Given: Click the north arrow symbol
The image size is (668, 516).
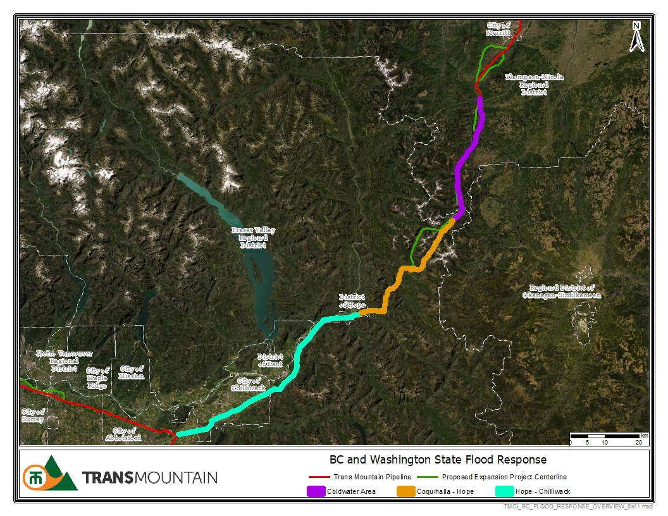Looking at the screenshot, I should pos(637,37).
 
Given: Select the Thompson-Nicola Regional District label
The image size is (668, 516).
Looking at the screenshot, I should pos(533,84).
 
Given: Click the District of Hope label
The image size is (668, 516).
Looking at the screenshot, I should pos(352,300).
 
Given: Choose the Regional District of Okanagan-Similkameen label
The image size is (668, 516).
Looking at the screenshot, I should pos(561,290).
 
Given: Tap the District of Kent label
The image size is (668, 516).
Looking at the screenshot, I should pos(270,360).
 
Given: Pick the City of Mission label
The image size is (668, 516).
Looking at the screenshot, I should pos(132,372).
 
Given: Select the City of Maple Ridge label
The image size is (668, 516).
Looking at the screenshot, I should pos(97,378).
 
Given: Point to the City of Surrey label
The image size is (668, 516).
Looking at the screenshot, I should pos(32,415).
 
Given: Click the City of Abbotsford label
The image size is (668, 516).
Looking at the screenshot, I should pos(123,434).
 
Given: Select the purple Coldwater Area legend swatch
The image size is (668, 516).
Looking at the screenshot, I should pos(316,491).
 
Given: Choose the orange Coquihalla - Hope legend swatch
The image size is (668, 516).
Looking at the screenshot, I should pos(405,491).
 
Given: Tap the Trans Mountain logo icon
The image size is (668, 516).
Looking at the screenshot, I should pos(49,474).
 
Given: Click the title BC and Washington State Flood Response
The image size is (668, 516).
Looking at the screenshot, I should pos(438,460).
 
